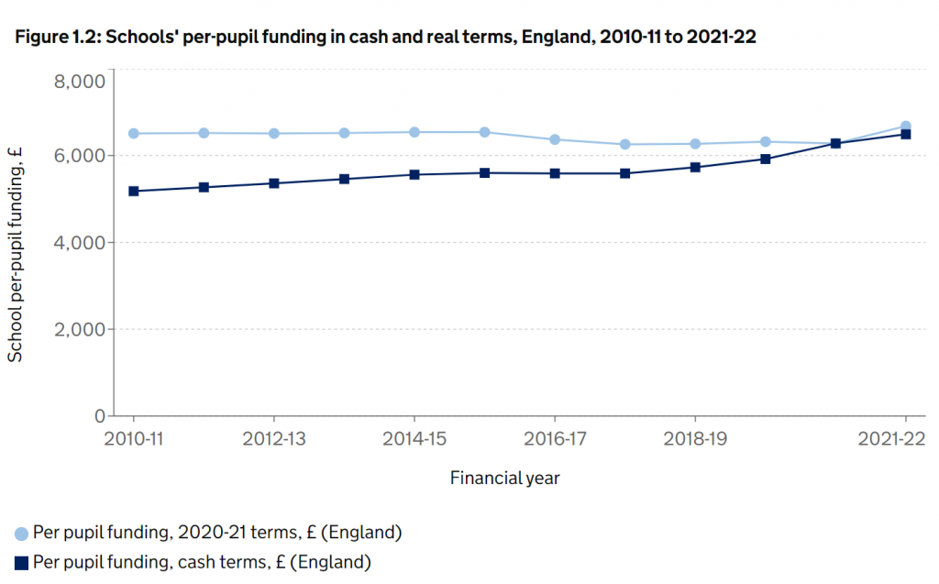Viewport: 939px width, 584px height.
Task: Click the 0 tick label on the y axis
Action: click(x=99, y=416)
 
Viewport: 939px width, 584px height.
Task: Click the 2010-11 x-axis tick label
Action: click(x=133, y=439)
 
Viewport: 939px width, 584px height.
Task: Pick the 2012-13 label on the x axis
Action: click(x=273, y=439)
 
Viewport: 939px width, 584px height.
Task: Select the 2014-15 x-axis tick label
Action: click(x=414, y=439)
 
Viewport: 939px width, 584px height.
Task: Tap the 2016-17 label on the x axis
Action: click(x=555, y=439)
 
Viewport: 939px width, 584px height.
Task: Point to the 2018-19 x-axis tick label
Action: click(x=695, y=439)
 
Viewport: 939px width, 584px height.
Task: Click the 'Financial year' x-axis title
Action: click(x=504, y=478)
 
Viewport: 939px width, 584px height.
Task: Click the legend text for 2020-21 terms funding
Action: click(x=217, y=533)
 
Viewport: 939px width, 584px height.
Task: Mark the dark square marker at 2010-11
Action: click(x=134, y=191)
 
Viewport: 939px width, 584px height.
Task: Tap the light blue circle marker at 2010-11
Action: click(x=134, y=134)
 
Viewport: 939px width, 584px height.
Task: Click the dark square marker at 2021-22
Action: click(x=905, y=134)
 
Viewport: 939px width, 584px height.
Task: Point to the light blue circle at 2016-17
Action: click(x=555, y=139)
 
